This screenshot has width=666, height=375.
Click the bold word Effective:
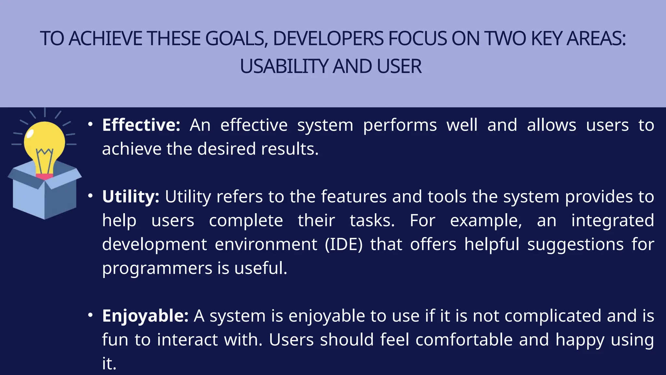click(141, 125)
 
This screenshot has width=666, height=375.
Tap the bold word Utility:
click(130, 197)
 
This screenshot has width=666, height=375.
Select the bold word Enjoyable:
click(145, 316)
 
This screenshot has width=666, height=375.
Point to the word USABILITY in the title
click(284, 67)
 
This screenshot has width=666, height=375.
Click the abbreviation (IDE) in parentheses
click(343, 244)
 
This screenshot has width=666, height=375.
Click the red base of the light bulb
click(44, 177)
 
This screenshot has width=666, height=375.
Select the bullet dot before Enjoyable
click(90, 315)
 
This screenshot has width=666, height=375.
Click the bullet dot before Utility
click(90, 196)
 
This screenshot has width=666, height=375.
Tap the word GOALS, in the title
click(236, 39)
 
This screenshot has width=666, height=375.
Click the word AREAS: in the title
click(596, 39)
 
